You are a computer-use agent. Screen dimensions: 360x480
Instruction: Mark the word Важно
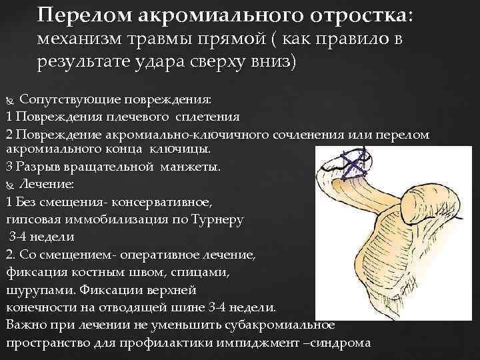coord(25,325)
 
